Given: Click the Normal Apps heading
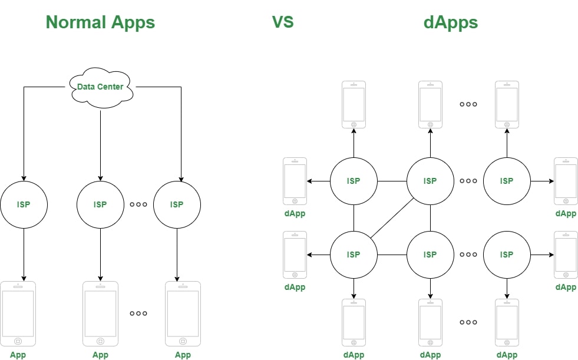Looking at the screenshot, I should (x=100, y=22).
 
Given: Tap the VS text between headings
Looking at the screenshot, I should (x=283, y=22).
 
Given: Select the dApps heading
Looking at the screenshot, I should (x=450, y=22).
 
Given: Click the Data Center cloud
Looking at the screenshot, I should (x=100, y=87).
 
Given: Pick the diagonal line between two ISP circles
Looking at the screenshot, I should (x=392, y=217).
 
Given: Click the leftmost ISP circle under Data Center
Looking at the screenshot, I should (x=24, y=204).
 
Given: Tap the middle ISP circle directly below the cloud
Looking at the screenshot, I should (x=100, y=204).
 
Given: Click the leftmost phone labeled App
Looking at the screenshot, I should (x=18, y=313).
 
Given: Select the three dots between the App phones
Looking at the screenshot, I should (x=138, y=313).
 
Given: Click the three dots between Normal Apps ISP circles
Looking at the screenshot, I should (x=138, y=204).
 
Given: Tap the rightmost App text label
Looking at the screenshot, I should (x=183, y=355).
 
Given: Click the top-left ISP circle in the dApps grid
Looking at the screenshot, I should (x=354, y=181).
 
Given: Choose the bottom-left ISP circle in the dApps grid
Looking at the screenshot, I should (x=354, y=255).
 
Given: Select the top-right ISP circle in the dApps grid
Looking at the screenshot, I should (x=507, y=181).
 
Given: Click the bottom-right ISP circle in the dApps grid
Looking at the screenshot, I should (x=507, y=255).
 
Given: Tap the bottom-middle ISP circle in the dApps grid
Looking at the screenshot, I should (x=430, y=255).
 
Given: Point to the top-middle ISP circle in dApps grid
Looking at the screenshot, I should (x=430, y=181).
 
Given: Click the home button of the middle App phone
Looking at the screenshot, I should (x=100, y=341).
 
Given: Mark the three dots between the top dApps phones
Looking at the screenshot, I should (x=468, y=104).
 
